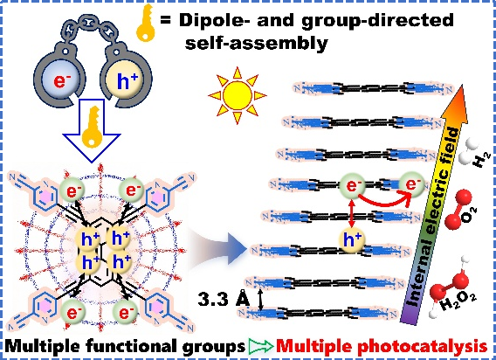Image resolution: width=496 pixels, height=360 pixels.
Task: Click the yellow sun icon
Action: coord(237,94)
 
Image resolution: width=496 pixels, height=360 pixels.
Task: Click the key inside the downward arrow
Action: coord(92,128)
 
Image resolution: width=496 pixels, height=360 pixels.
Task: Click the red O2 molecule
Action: coord(459,210)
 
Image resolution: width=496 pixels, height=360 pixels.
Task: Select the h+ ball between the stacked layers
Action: coord(352,239)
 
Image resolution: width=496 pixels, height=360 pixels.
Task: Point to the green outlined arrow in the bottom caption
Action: coord(261,346)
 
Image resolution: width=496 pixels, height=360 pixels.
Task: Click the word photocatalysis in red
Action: coord(424,346)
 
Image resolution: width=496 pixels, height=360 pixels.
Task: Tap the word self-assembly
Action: coord(256,43)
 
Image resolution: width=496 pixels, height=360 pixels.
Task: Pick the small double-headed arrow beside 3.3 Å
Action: coord(260,299)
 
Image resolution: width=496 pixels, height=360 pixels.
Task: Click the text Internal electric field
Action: coord(434,218)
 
